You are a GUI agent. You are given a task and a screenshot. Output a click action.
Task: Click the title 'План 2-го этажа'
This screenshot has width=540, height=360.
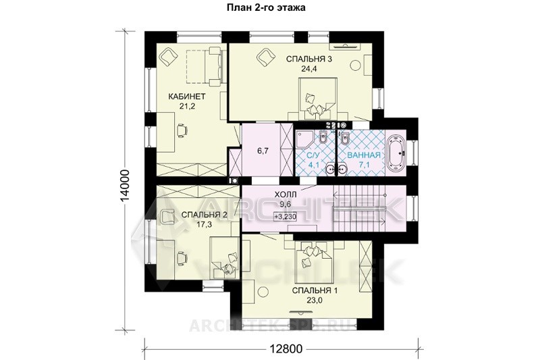(x=266, y=7)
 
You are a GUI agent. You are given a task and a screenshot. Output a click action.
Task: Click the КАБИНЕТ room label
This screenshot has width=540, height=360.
(x=187, y=96)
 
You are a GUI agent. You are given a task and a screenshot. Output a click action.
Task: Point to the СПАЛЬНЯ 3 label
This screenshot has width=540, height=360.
(x=309, y=59)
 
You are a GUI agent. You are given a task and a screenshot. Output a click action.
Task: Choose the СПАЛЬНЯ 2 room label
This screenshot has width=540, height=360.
(x=204, y=215)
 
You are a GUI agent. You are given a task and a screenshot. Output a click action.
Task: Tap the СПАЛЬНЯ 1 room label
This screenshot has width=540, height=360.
(x=315, y=290)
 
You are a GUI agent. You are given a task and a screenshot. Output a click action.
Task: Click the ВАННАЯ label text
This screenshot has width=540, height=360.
(x=364, y=155)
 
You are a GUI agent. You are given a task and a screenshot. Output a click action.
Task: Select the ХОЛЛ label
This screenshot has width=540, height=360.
(x=286, y=195)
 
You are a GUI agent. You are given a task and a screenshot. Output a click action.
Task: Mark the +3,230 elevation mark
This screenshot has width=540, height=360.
(x=286, y=216)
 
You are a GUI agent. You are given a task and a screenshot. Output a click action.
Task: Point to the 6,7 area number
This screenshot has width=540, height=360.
(x=263, y=151)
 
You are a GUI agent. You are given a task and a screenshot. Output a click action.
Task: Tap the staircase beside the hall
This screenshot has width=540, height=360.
(x=358, y=209)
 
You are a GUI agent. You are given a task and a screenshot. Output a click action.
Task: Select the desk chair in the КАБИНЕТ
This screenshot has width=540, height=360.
(x=182, y=130)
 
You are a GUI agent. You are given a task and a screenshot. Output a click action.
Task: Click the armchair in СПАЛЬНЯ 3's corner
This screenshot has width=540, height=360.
(x=265, y=56)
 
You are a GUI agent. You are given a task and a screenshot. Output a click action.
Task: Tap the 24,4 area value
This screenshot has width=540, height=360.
(x=309, y=68)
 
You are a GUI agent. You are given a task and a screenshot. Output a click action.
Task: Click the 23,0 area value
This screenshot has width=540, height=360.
(x=315, y=300)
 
